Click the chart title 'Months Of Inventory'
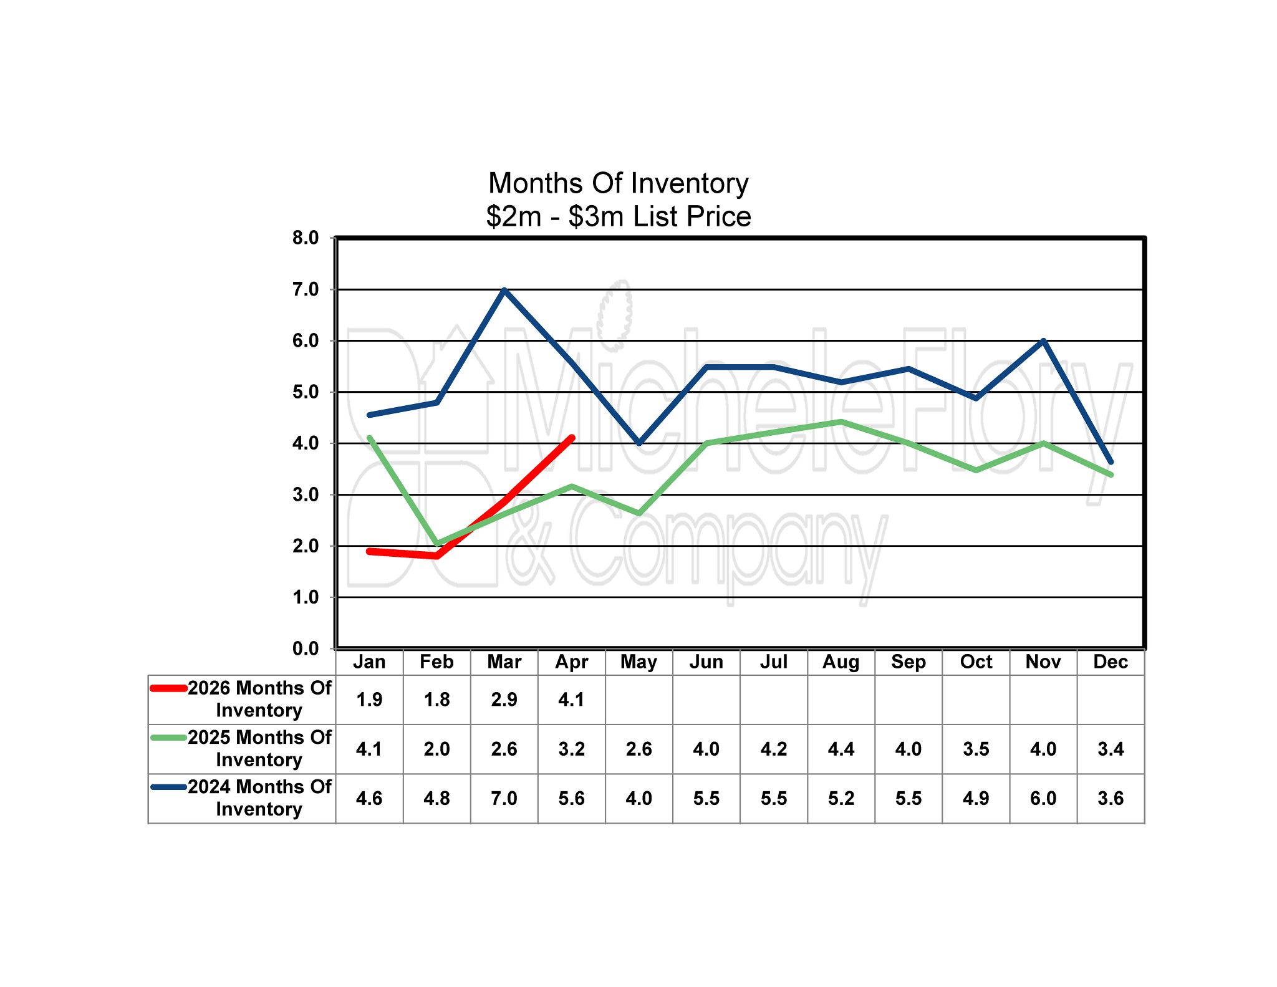coord(618,183)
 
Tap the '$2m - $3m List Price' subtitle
coord(618,217)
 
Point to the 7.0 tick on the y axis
coord(306,289)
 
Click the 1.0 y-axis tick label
coord(306,597)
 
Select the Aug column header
coord(841,662)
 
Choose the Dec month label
coord(1111,662)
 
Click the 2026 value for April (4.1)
coord(571,700)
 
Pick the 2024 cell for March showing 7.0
coord(504,798)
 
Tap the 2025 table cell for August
coord(841,749)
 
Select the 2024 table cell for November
coord(1043,798)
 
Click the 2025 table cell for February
coord(436,749)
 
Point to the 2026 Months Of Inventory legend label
coord(259,699)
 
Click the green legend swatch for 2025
coord(169,738)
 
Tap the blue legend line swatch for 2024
coord(169,787)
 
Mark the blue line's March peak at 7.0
coord(504,290)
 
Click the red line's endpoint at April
coord(571,438)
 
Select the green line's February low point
coord(436,544)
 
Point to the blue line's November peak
coord(1043,341)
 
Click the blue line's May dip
coord(639,443)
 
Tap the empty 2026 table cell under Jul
coord(773,700)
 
